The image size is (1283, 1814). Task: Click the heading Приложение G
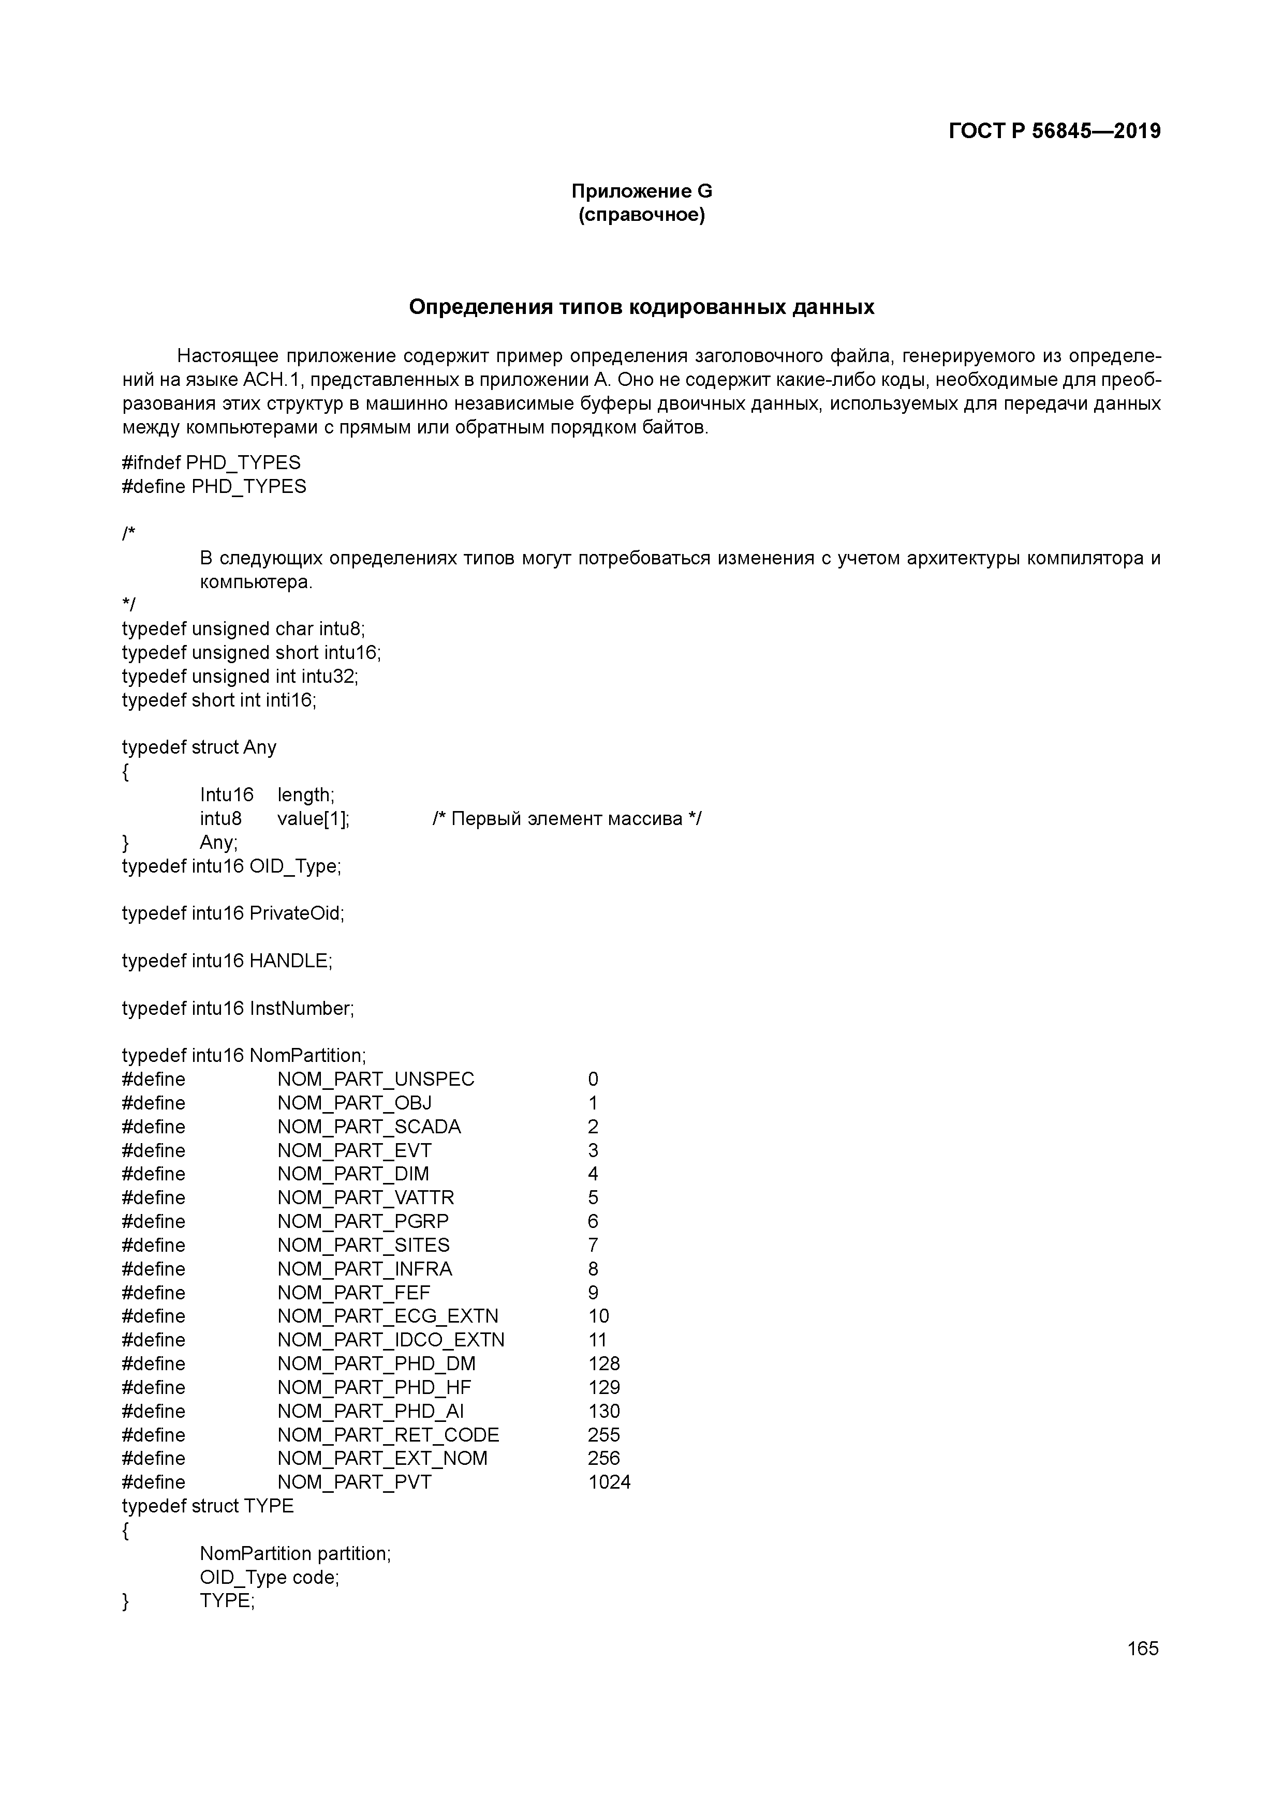(x=641, y=191)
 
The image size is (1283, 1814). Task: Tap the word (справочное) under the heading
(x=641, y=215)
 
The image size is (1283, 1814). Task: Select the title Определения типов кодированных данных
(x=641, y=307)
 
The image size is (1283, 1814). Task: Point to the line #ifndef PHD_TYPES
(x=211, y=462)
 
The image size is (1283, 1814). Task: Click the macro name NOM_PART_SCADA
(x=368, y=1127)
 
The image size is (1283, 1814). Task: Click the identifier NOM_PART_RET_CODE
(x=388, y=1435)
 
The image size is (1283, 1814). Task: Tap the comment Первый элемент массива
(x=566, y=818)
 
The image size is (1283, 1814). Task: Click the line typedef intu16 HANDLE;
(x=227, y=961)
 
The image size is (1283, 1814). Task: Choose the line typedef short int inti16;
(x=219, y=700)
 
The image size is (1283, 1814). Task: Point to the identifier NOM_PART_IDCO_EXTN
(x=391, y=1340)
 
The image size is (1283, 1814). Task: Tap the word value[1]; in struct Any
(x=313, y=818)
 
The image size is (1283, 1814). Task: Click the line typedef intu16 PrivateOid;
(x=233, y=913)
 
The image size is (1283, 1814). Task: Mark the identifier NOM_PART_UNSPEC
(x=376, y=1079)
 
